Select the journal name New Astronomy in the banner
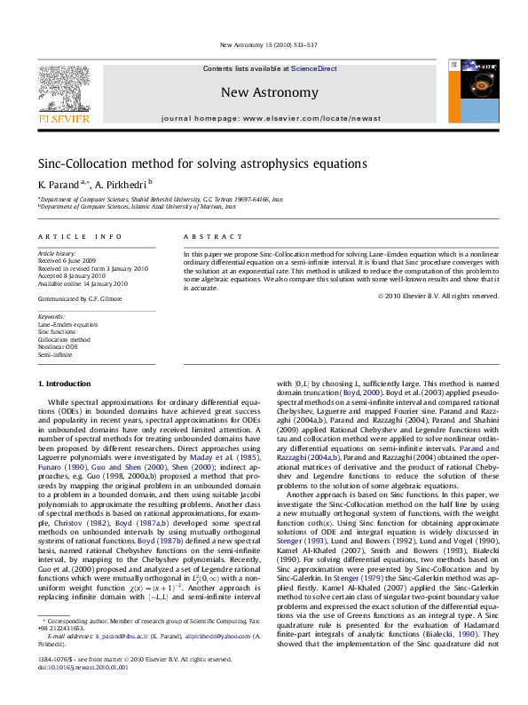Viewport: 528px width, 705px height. click(268, 92)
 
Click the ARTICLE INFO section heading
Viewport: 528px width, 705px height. click(80, 236)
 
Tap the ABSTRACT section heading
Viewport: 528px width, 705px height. click(213, 236)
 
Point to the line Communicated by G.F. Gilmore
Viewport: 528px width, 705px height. click(80, 298)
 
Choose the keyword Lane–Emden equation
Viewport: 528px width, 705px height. click(68, 325)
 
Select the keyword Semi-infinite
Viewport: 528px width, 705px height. click(55, 353)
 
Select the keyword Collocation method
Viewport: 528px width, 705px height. click(64, 339)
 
